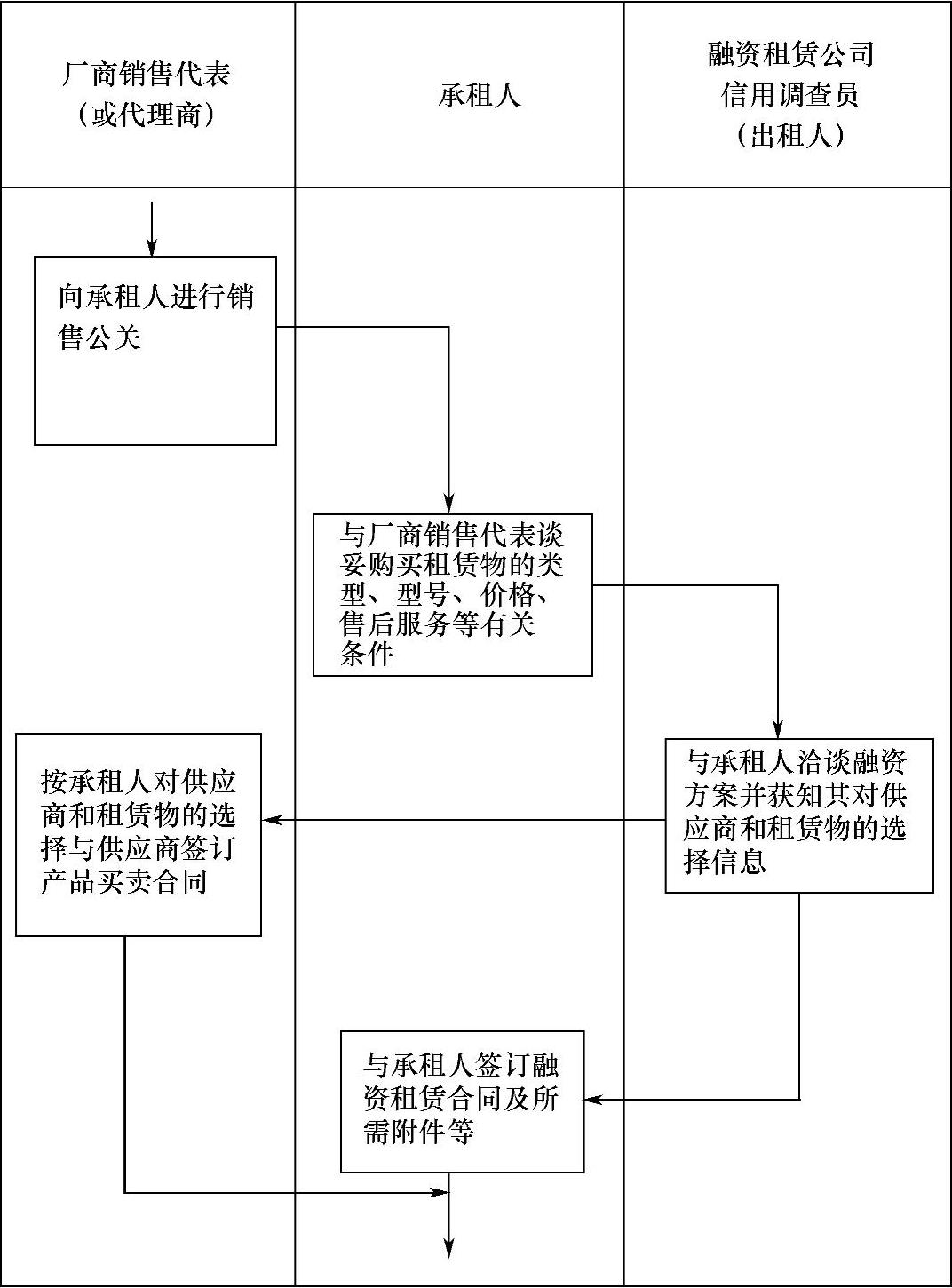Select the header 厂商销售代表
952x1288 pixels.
pyautogui.click(x=147, y=74)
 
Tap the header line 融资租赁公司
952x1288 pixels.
pyautogui.click(x=790, y=54)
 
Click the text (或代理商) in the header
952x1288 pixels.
pyautogui.click(x=147, y=115)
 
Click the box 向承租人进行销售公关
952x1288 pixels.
pyautogui.click(x=155, y=351)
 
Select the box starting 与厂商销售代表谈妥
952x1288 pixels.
pyautogui.click(x=452, y=595)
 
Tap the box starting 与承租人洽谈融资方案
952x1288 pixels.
pyautogui.click(x=799, y=815)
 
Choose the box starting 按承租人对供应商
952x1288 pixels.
pyautogui.click(x=139, y=834)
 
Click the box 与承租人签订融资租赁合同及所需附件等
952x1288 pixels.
pyautogui.click(x=462, y=1101)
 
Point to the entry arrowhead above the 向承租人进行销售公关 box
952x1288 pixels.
pyautogui.click(x=152, y=249)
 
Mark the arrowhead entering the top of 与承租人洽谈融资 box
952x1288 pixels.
pyautogui.click(x=778, y=730)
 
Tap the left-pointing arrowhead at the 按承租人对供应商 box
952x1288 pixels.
pyautogui.click(x=270, y=819)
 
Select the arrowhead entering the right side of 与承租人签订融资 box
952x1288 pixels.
pyautogui.click(x=592, y=1100)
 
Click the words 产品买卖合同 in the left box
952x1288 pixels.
pyautogui.click(x=123, y=883)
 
